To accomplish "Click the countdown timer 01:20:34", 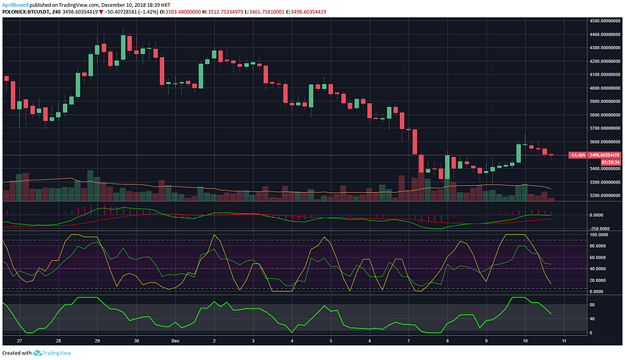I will [x=602, y=161].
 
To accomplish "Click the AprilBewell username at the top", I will [x=15, y=4].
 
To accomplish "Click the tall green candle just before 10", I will [x=518, y=153].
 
